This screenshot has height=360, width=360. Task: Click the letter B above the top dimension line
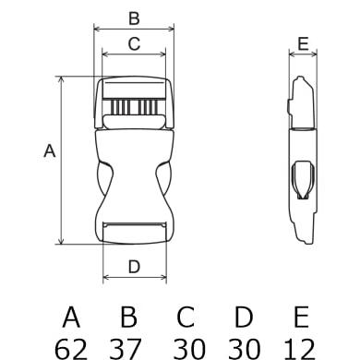(134, 18)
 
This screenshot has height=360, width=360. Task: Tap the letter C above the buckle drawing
(134, 43)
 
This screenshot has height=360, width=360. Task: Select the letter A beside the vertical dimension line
(50, 151)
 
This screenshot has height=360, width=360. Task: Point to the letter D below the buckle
(134, 267)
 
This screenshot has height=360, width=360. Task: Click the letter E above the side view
(303, 43)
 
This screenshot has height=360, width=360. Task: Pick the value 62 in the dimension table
(71, 349)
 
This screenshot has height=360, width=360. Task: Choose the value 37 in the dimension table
(126, 349)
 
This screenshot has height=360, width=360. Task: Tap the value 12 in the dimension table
(299, 349)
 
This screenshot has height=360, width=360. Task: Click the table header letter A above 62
(71, 317)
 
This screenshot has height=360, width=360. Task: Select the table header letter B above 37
(128, 317)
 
